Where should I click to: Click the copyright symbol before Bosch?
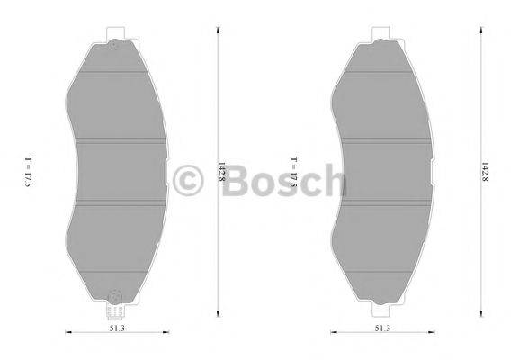click(x=189, y=180)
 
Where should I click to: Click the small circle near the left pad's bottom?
click(x=114, y=294)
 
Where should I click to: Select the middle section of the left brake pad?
click(x=117, y=173)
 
